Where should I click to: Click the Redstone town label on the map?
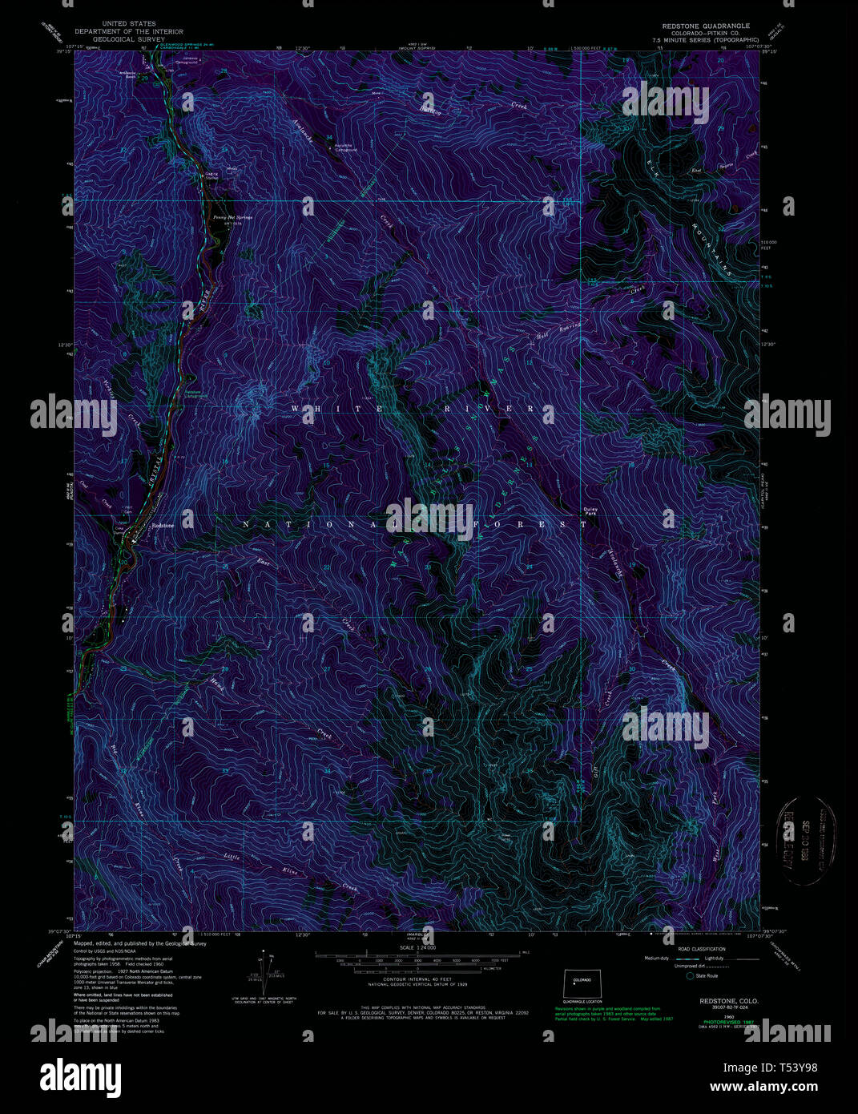[163, 525]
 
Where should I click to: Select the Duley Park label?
[590, 510]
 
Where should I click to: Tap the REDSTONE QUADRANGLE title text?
[701, 26]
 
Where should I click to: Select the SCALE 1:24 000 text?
[417, 947]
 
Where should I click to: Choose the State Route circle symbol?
[690, 975]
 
